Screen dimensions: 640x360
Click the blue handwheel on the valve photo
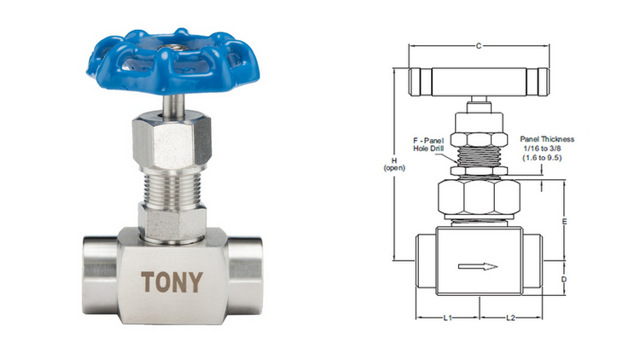click(x=173, y=61)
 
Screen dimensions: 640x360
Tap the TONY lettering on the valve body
click(x=172, y=282)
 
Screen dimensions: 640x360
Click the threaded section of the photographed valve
click(x=173, y=188)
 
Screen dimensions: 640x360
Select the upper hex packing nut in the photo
click(x=172, y=142)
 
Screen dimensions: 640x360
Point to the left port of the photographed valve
click(x=101, y=276)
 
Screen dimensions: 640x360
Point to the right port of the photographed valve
click(x=245, y=276)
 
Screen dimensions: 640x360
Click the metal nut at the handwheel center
click(x=173, y=48)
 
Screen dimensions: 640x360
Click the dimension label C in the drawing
click(x=479, y=46)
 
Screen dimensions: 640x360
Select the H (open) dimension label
click(x=394, y=164)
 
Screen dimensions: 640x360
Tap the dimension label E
click(x=565, y=222)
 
